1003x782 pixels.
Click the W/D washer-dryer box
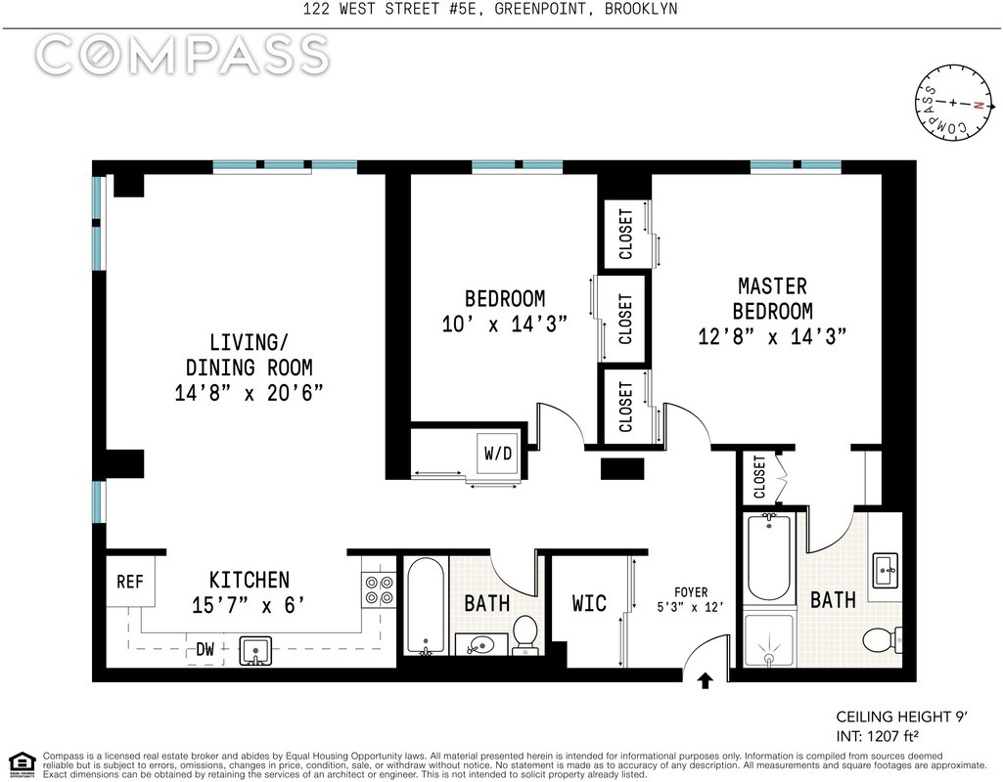click(x=498, y=453)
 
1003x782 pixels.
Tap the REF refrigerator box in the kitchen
click(x=130, y=582)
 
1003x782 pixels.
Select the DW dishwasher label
click(x=205, y=650)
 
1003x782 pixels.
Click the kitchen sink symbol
click(x=255, y=650)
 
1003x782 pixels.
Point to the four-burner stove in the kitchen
click(x=379, y=590)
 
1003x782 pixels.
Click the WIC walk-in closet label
click(x=589, y=603)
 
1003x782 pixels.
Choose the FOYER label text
click(x=691, y=592)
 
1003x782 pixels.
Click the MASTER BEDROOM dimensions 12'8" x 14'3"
click(x=772, y=336)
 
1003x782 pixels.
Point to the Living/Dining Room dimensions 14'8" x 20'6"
click(x=249, y=392)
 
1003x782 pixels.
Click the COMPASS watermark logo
click(x=182, y=55)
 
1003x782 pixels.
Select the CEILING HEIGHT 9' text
click(x=901, y=717)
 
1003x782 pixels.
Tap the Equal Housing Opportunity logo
click(x=22, y=763)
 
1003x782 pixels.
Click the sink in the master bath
click(x=887, y=570)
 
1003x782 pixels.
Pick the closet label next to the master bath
click(x=759, y=477)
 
